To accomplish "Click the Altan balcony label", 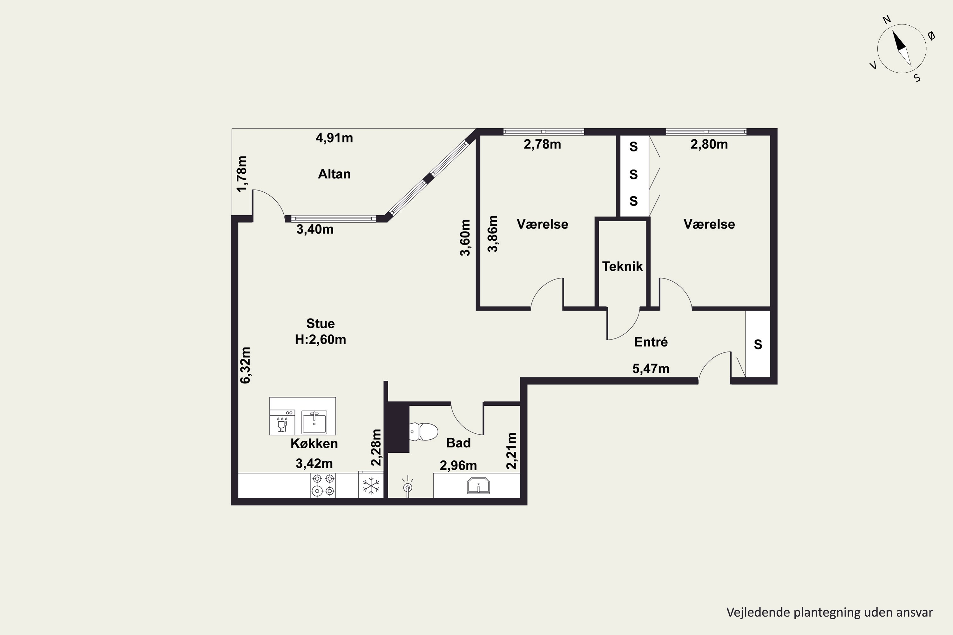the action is point(334,174).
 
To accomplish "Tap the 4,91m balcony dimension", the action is point(334,138).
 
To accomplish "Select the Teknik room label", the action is point(622,266).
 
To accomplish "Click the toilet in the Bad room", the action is point(423,432).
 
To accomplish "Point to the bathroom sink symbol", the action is point(478,485).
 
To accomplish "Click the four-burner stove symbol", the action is point(323,485).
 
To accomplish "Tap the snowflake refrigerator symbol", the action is point(371,485).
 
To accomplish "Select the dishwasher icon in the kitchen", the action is point(282,422).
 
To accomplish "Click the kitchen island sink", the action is point(314,422).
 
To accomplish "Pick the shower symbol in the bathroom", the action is point(408,486).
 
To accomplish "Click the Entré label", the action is point(651,342).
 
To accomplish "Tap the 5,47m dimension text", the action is point(651,369).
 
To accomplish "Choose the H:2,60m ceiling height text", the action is point(321,339).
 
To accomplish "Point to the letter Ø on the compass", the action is point(931,36).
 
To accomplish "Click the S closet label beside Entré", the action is point(758,344).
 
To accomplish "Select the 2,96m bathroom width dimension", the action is point(458,466).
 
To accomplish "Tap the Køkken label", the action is point(314,444).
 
